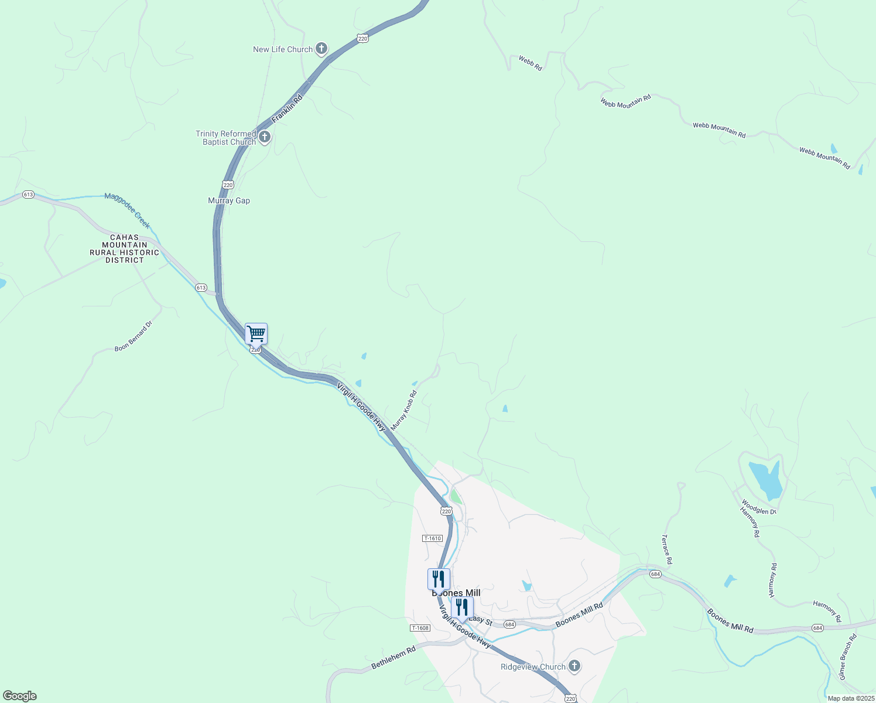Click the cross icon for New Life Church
[x=321, y=49]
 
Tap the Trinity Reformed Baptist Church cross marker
[x=264, y=138]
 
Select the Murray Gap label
[x=229, y=200]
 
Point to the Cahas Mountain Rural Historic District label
[x=124, y=249]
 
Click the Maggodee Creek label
[x=127, y=210]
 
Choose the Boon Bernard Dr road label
[x=133, y=336]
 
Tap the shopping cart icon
[x=256, y=334]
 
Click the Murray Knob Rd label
[x=403, y=411]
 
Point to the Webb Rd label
[x=531, y=63]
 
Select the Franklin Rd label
[x=287, y=108]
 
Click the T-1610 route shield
[x=432, y=538]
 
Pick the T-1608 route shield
[x=420, y=628]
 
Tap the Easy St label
[x=481, y=620]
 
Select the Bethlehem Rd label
[x=393, y=657]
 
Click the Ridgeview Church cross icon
[x=574, y=666]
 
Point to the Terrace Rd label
[x=666, y=549]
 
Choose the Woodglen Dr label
[x=758, y=507]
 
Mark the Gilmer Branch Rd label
[x=847, y=657]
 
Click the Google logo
[x=20, y=696]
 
